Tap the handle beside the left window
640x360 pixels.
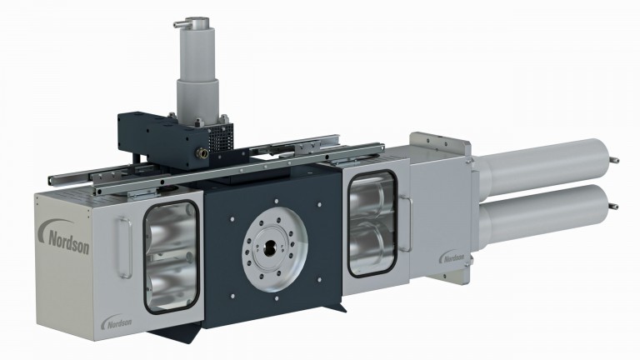pos(125,247)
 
